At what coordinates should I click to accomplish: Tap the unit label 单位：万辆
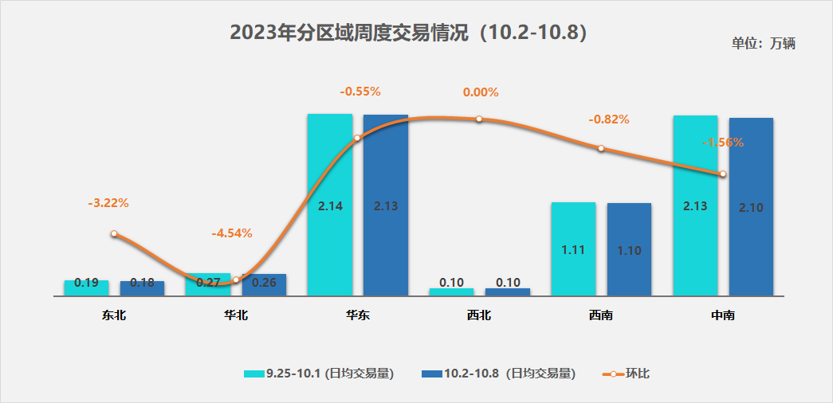click(763, 44)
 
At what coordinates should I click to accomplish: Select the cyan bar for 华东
click(329, 205)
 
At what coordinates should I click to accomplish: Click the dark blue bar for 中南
click(751, 207)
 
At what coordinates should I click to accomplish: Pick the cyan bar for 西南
click(573, 249)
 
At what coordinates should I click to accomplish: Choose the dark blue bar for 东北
click(142, 288)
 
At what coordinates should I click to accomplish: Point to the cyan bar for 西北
click(451, 291)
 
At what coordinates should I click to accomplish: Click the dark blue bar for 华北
click(264, 285)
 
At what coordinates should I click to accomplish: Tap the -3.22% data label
click(108, 203)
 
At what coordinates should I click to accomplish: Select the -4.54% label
click(232, 233)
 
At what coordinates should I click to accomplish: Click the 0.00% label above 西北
click(481, 92)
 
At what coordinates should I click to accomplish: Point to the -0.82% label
click(609, 119)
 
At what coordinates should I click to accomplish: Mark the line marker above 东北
click(114, 234)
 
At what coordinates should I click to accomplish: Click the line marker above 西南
click(601, 148)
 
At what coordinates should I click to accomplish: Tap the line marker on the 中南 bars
click(723, 174)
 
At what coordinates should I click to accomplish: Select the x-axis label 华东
click(358, 315)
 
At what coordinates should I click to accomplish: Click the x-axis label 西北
click(479, 315)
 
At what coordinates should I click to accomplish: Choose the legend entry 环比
click(626, 373)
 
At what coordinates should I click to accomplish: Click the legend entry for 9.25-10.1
click(319, 373)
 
